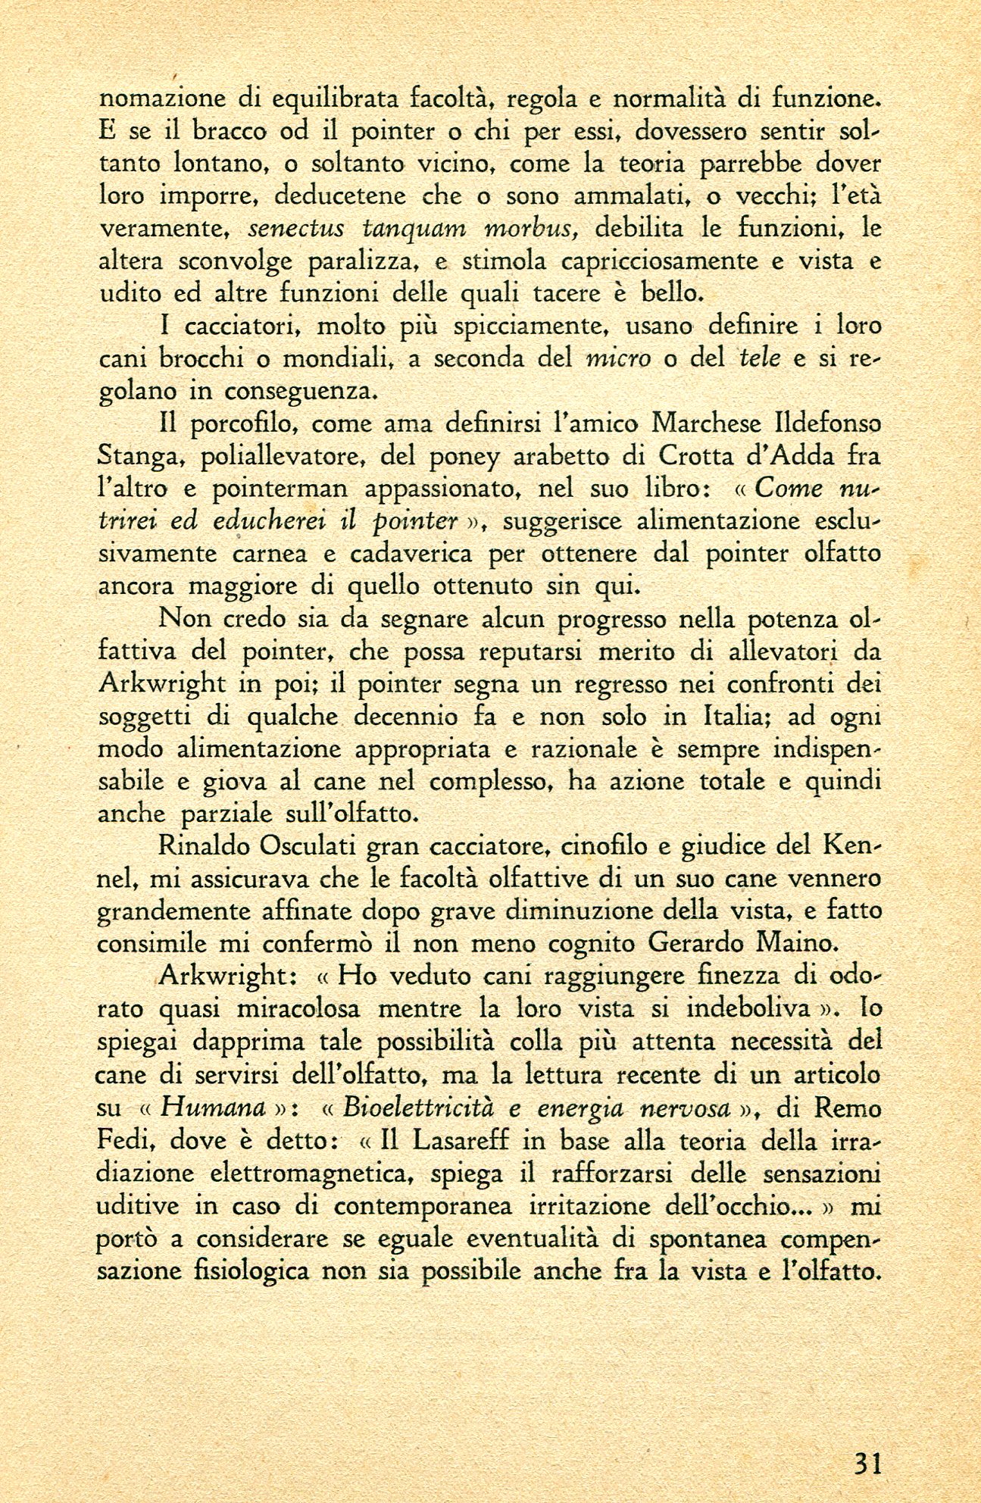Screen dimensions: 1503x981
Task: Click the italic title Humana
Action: pyautogui.click(x=215, y=1108)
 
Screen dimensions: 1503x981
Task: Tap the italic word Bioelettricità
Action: pyautogui.click(x=416, y=1108)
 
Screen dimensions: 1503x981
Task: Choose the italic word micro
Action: pyautogui.click(x=619, y=359)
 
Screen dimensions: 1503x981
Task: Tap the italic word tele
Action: pyautogui.click(x=760, y=359)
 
